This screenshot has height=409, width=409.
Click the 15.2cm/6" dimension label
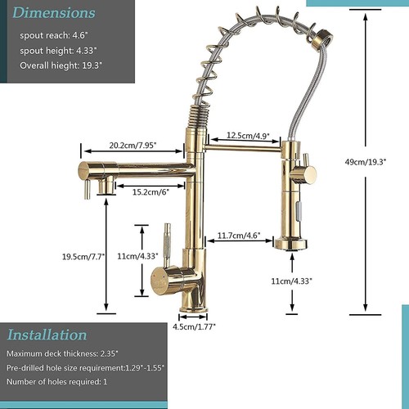pyautogui.click(x=150, y=192)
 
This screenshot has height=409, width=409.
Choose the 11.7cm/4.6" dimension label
pyautogui.click(x=239, y=236)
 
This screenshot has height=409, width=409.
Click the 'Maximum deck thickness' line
pyautogui.click(x=63, y=353)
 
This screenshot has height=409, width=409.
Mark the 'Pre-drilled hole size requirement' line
pyautogui.click(x=85, y=366)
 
